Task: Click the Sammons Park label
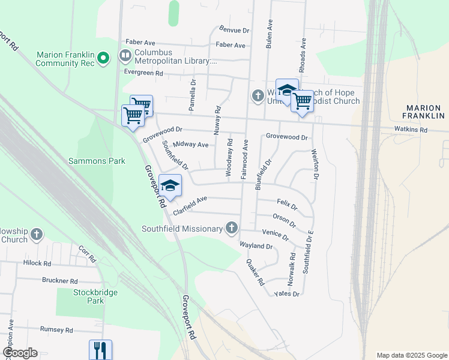coord(97,161)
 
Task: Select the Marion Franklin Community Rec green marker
coord(103,58)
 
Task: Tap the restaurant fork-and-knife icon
coord(100,349)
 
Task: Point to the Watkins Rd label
coord(411,129)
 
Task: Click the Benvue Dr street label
coord(234,29)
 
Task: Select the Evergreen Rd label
coord(143,73)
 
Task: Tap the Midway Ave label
coord(190,145)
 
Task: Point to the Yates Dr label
coord(286,293)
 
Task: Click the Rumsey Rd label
coord(56,330)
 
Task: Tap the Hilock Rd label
coord(37,263)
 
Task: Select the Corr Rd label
coord(87,254)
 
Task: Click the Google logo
coord(19,353)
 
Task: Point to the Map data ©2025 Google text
coord(411,355)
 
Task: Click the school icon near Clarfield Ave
coord(170,186)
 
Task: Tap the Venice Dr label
coord(276,234)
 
